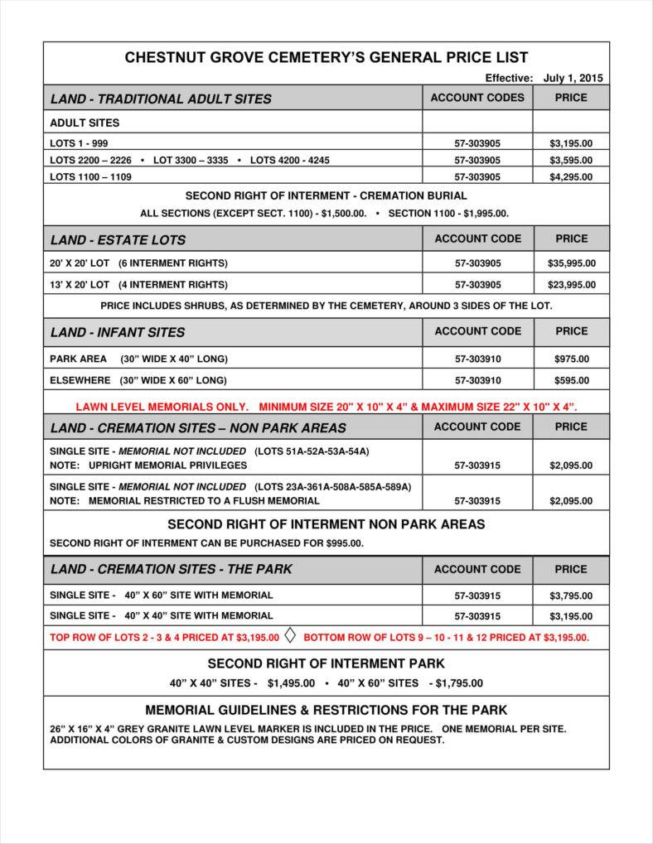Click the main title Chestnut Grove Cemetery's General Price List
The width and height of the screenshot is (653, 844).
point(326,57)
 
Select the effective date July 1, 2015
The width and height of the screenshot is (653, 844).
point(573,78)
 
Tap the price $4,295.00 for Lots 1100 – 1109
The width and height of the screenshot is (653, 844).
point(571,176)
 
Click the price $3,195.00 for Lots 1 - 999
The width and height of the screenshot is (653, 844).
point(571,143)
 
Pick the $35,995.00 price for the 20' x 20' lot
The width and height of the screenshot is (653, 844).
point(571,263)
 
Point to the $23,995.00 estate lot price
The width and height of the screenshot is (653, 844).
point(571,284)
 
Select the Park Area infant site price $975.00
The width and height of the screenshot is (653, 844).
point(571,359)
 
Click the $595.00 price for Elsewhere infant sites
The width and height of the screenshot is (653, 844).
point(571,380)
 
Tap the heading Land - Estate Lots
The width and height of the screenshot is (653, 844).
point(118,240)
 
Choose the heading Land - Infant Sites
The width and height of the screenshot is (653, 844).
point(118,332)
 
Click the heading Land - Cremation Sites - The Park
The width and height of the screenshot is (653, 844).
point(171,569)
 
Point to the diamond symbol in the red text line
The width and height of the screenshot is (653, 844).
point(290,636)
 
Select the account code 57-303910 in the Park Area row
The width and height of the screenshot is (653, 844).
point(477,359)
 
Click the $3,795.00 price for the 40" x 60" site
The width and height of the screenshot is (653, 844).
point(571,596)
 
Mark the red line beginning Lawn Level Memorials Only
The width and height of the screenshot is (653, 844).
point(326,407)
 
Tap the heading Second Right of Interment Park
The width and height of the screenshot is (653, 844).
point(326,663)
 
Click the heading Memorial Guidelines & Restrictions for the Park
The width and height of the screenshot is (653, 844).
point(326,710)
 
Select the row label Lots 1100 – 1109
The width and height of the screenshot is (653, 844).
point(90,176)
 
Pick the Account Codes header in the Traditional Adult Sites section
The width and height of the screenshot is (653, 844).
point(477,98)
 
